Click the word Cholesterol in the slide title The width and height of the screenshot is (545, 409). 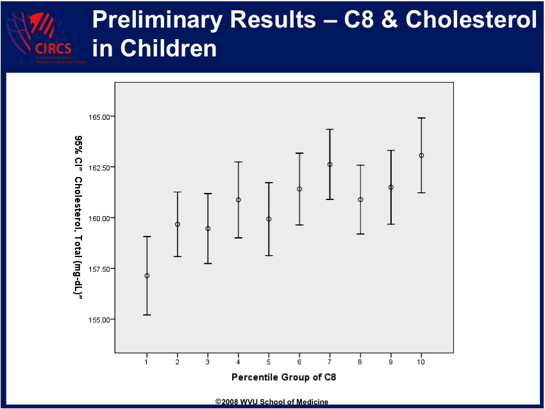tap(471, 21)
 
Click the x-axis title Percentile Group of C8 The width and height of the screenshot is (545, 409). tap(283, 377)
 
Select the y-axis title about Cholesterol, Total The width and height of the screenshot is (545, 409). tap(78, 215)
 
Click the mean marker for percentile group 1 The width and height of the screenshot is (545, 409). tap(147, 276)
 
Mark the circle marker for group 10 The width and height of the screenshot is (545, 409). tap(421, 155)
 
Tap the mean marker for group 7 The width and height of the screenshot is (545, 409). tap(330, 164)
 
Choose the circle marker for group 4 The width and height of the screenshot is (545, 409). tap(239, 200)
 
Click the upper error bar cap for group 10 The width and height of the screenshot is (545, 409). tap(421, 118)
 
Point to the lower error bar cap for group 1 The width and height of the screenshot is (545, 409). tap(147, 315)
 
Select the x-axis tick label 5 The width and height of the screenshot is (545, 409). tap(269, 362)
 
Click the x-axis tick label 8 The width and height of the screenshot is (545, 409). tap(360, 362)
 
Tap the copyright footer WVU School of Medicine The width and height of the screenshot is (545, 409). tap(272, 402)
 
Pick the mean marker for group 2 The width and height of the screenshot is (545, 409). tap(178, 224)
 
